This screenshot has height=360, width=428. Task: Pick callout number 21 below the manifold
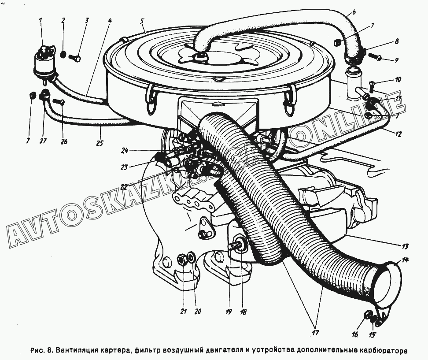coord(183,312)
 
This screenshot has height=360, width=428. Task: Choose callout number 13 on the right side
coord(405,245)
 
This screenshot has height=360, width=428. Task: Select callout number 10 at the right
coord(398,80)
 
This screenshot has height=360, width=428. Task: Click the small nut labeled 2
coord(63,55)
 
